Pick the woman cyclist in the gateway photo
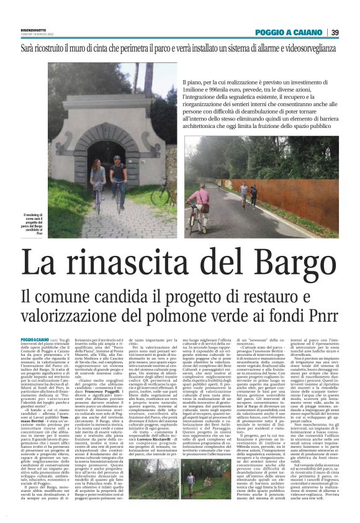point(97,180)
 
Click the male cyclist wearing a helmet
point(118,174)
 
